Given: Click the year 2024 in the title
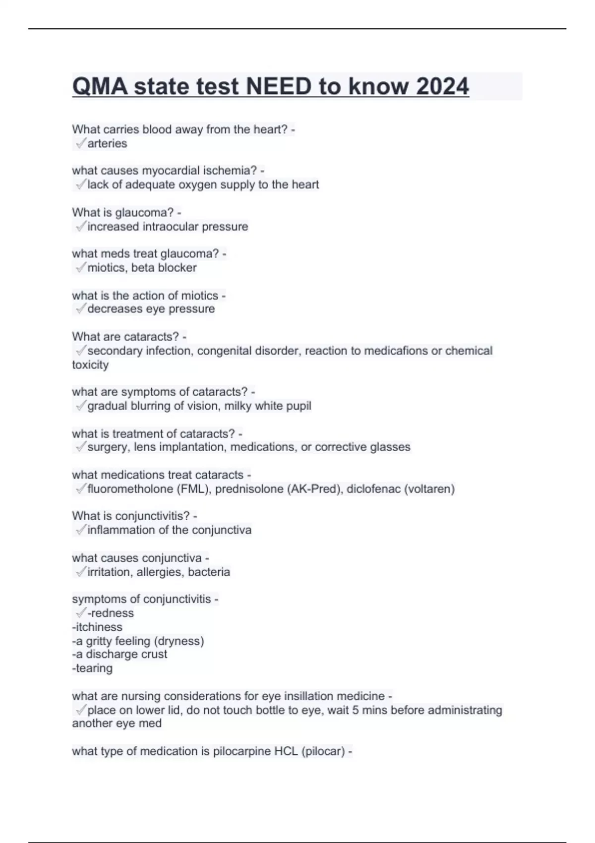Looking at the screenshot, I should pos(442,87).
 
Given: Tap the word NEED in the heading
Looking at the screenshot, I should pos(279,87).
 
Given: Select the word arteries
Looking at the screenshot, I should pos(107,144).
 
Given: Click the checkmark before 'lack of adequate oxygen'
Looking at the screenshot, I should pos(80,185).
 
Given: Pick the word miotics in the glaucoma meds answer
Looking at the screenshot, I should pos(106,268).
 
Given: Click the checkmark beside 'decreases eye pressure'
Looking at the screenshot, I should pos(80,309).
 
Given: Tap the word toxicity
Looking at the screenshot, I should pos(90,365).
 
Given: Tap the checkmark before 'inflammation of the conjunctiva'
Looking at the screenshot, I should pos(80,530).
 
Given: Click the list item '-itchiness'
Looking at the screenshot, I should pos(97,627).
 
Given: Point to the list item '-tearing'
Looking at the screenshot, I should pos(92,668).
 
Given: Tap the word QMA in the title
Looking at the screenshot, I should pos(100,87).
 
